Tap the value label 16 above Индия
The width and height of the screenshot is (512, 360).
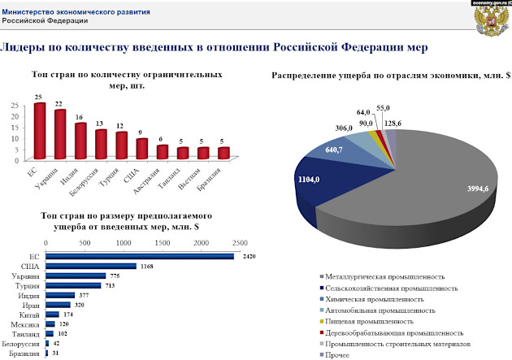80,117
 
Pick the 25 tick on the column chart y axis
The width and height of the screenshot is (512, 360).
15,106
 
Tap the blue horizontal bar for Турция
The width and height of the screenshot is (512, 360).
73,285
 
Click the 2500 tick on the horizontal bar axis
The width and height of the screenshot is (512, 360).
239,242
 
